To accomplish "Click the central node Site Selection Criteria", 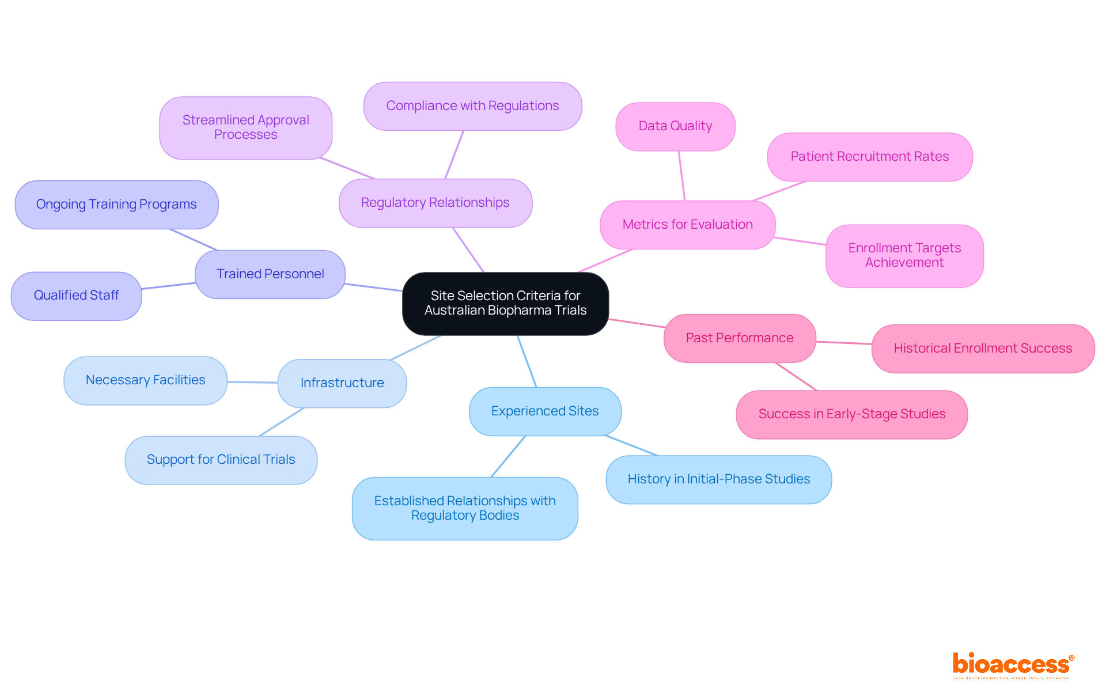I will point(505,303).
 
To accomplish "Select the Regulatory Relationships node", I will point(435,203).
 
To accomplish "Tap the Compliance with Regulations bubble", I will point(472,106).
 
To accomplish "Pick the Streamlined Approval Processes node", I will point(245,127).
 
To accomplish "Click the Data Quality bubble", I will point(675,126).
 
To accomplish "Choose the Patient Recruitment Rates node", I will point(869,157).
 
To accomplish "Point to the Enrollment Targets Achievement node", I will point(904,255).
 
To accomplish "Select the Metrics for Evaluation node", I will point(687,225).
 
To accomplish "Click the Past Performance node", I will point(740,338).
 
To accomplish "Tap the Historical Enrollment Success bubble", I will point(983,349).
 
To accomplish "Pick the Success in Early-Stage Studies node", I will point(851,414).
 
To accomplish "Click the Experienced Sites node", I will point(544,411).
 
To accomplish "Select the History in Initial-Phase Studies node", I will point(718,479).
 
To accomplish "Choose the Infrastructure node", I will point(342,383).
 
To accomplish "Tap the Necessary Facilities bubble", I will point(145,380).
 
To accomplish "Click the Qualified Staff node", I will point(76,296).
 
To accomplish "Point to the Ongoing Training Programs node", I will point(116,205).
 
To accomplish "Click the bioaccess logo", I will point(1013,664).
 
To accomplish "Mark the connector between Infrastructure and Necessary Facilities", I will point(252,382).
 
